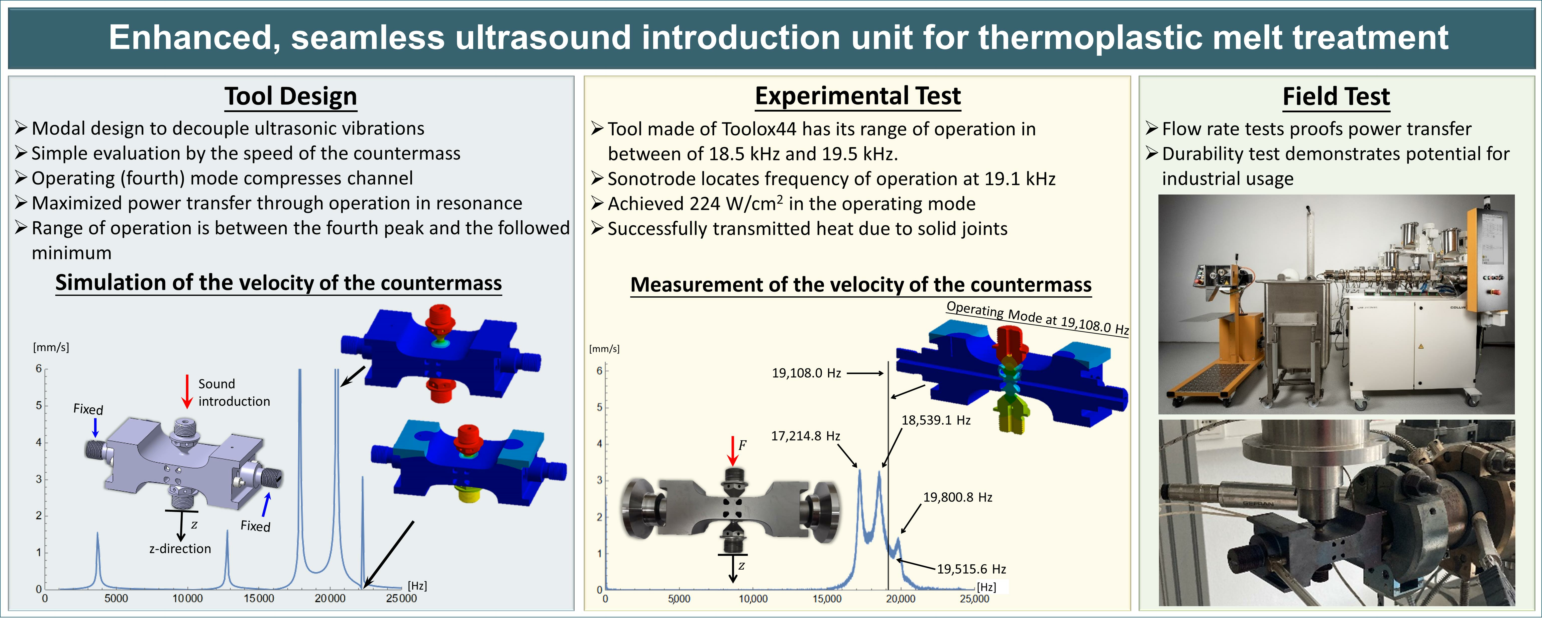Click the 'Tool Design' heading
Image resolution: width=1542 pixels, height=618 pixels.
[291, 97]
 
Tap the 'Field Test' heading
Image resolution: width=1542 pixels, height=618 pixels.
[1336, 97]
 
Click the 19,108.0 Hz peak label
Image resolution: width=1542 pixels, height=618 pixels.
[806, 373]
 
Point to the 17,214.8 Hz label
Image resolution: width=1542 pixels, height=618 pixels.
[805, 436]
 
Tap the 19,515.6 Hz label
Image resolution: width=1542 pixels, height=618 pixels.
[971, 569]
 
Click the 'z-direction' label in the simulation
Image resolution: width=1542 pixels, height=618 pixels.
[180, 549]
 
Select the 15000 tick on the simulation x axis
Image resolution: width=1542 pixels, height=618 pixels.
[259, 598]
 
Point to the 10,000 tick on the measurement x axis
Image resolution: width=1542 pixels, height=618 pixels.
[753, 599]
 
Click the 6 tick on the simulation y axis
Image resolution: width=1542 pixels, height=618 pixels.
[39, 368]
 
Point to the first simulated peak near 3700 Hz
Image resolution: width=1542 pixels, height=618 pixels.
[97, 560]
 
